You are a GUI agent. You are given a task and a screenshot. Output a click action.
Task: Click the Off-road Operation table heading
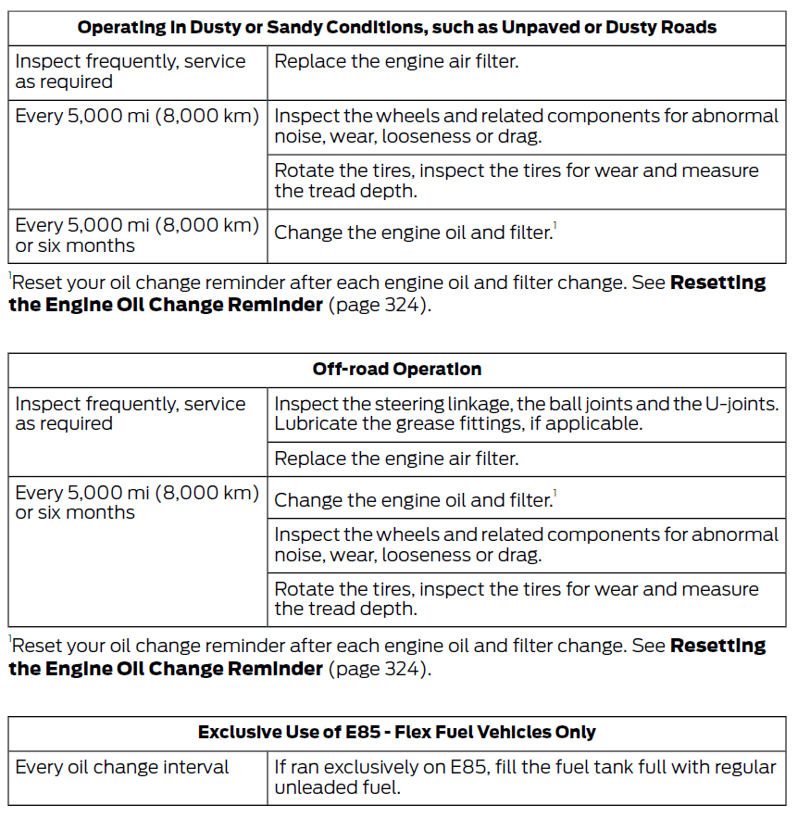click(x=396, y=369)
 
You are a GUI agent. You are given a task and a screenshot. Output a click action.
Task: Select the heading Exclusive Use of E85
click(x=396, y=732)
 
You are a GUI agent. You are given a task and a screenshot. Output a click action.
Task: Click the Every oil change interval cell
click(x=122, y=768)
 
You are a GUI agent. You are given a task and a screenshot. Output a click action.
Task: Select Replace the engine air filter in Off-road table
click(x=396, y=459)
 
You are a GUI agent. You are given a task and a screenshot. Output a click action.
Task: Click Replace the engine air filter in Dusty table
click(x=396, y=62)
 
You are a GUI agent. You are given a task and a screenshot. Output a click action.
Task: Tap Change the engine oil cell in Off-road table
click(x=413, y=500)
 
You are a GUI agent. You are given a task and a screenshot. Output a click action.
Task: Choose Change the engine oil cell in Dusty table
click(x=413, y=233)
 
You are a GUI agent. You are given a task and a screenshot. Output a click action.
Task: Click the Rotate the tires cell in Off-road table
click(x=517, y=598)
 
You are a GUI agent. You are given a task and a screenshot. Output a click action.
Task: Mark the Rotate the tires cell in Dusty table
click(x=517, y=181)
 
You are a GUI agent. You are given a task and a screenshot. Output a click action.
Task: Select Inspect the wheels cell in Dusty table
click(x=526, y=126)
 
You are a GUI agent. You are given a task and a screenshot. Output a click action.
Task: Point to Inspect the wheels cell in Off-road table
click(x=526, y=544)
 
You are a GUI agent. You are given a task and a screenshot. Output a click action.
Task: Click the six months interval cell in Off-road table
click(x=137, y=502)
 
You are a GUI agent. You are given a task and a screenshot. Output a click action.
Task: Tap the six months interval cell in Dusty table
click(x=137, y=235)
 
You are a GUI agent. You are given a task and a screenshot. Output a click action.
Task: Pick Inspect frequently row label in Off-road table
click(x=131, y=413)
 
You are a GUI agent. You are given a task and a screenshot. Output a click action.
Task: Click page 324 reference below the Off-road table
click(x=379, y=668)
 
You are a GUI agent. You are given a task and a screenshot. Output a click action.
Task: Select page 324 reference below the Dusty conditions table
click(x=379, y=305)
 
